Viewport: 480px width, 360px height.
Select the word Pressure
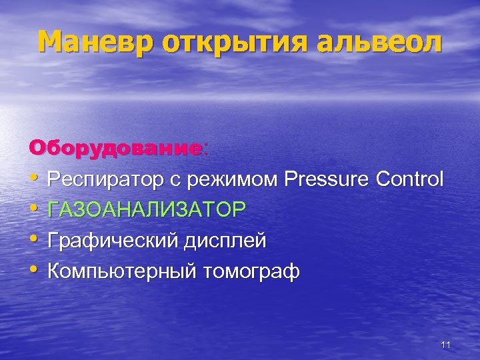click(x=327, y=179)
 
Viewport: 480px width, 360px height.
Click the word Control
click(x=409, y=179)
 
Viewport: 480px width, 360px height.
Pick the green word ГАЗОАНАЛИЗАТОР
click(x=147, y=210)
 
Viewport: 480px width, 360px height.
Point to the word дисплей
click(x=227, y=241)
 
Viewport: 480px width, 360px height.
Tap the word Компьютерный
click(x=123, y=271)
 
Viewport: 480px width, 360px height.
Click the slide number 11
click(x=446, y=345)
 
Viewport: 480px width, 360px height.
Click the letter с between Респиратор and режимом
click(x=180, y=181)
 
